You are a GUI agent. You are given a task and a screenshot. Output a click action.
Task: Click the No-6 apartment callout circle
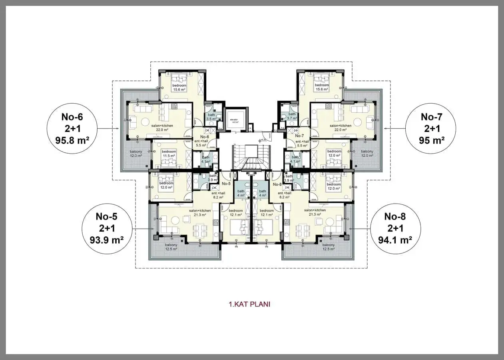[72, 128]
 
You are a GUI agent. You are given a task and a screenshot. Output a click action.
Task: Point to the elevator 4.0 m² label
[234, 120]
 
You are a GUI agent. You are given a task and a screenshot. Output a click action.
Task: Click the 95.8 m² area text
[72, 140]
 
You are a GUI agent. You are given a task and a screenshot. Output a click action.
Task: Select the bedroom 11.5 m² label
[169, 153]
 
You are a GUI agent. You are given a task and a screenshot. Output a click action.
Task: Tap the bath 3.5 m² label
[211, 117]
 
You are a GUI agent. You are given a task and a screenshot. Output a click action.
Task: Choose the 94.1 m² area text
[395, 240]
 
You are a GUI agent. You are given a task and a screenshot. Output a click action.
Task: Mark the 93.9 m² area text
[107, 240]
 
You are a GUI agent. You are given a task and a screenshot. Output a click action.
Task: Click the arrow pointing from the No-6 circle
[108, 128]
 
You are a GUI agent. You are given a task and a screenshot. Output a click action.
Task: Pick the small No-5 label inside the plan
[227, 184]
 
